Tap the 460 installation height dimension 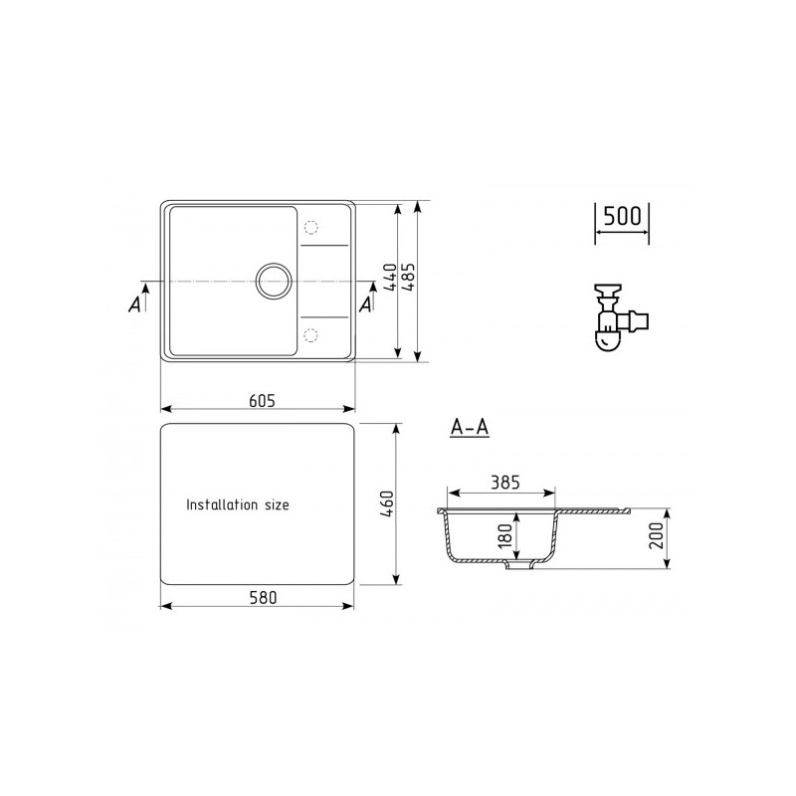pos(389,503)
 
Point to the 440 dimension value pos(389,278)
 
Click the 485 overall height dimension pos(407,278)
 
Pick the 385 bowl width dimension pos(505,483)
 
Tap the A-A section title pos(469,428)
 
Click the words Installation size pos(238,505)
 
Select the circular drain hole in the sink pos(273,282)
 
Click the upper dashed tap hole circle pos(311,228)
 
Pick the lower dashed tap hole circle pos(311,333)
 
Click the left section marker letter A pos(134,305)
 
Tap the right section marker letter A pos(366,305)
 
